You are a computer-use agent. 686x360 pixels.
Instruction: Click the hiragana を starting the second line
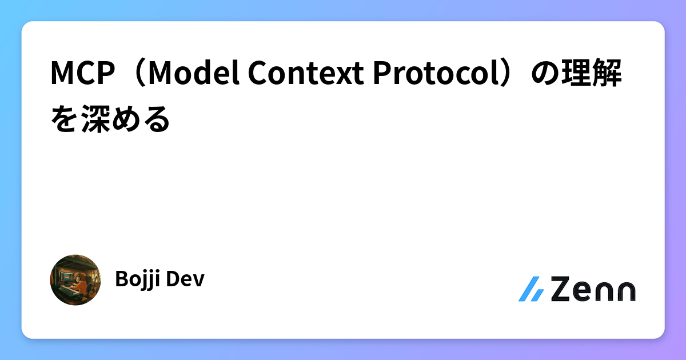click(x=65, y=119)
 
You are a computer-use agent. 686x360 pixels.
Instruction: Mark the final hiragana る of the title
click(x=157, y=119)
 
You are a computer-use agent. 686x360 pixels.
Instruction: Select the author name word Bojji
click(x=135, y=280)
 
